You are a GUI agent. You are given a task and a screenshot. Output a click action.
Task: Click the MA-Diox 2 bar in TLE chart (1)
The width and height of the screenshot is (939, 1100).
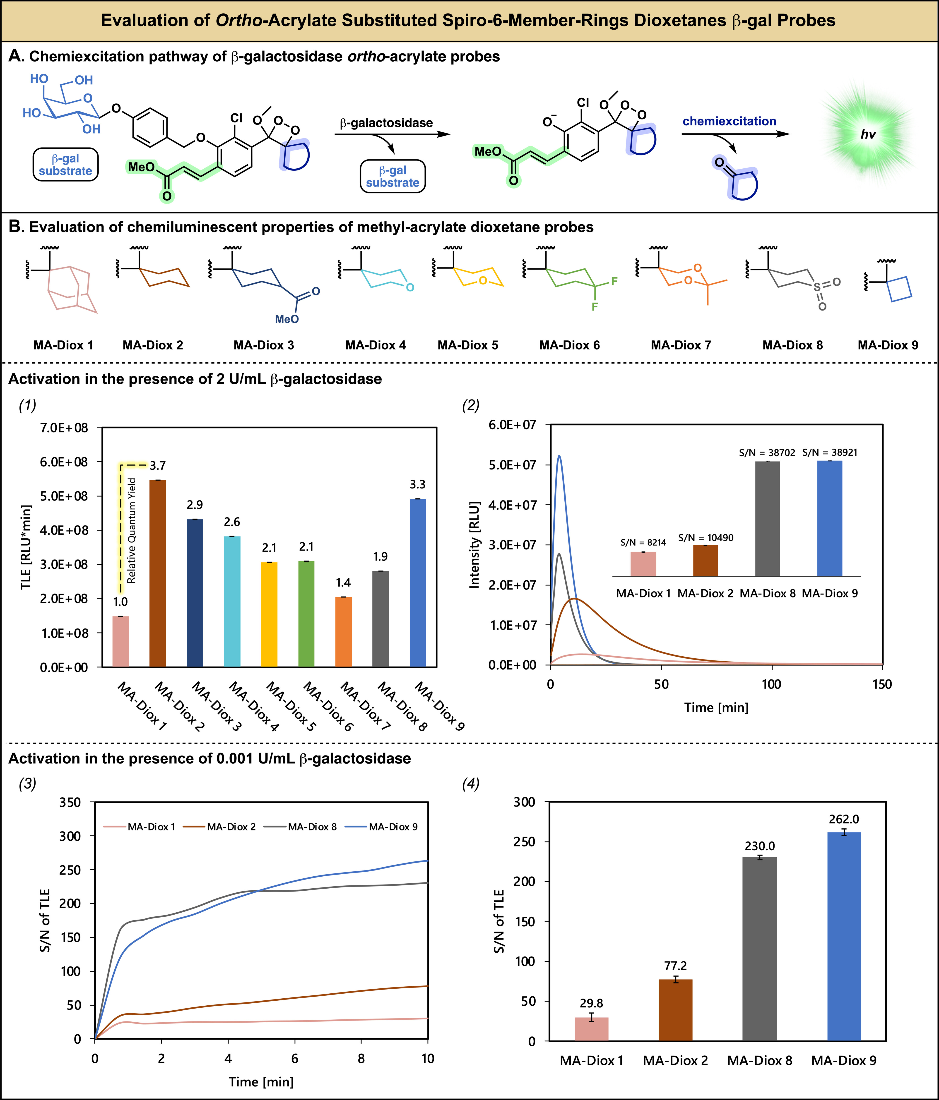(158, 573)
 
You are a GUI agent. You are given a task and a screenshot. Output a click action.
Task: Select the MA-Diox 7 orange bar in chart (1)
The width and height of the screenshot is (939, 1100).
(344, 632)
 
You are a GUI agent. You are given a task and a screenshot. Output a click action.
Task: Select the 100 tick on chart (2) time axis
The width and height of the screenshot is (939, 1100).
(771, 684)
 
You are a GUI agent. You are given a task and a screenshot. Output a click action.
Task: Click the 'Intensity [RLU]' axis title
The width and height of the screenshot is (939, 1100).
(474, 545)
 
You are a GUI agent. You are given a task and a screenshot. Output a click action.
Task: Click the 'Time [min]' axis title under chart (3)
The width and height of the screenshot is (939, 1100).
(261, 1081)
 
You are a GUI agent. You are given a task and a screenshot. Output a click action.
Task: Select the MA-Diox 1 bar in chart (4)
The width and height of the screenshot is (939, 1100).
(591, 1029)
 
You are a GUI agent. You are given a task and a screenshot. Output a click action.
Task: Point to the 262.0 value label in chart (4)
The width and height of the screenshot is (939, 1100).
(844, 819)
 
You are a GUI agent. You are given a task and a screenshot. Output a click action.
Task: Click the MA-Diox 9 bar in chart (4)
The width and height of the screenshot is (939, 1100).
(844, 936)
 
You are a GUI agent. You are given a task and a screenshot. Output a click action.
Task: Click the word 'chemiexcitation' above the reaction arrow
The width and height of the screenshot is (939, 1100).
(729, 121)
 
